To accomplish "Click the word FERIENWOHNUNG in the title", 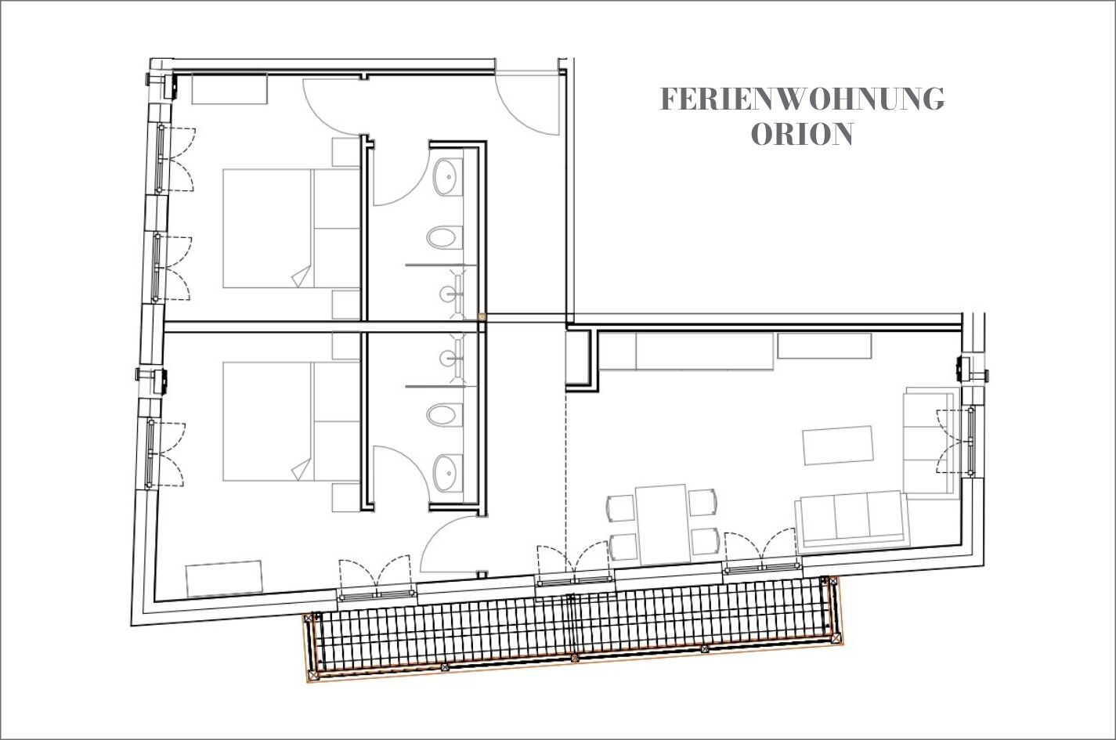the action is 802,99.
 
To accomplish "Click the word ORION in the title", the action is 802,134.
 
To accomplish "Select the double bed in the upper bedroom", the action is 291,228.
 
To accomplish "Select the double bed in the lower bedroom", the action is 291,421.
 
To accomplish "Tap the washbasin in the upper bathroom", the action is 447,178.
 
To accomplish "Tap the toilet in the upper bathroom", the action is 445,238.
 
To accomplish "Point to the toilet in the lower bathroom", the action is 445,414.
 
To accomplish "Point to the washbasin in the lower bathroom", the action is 447,472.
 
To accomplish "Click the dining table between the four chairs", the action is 663,524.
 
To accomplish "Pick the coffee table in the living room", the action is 837,445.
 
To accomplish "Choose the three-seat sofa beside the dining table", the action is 852,522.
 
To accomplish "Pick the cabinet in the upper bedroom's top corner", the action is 229,88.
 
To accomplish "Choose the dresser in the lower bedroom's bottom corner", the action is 224,578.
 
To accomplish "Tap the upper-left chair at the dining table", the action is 621,507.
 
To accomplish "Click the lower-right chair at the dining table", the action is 705,541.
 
